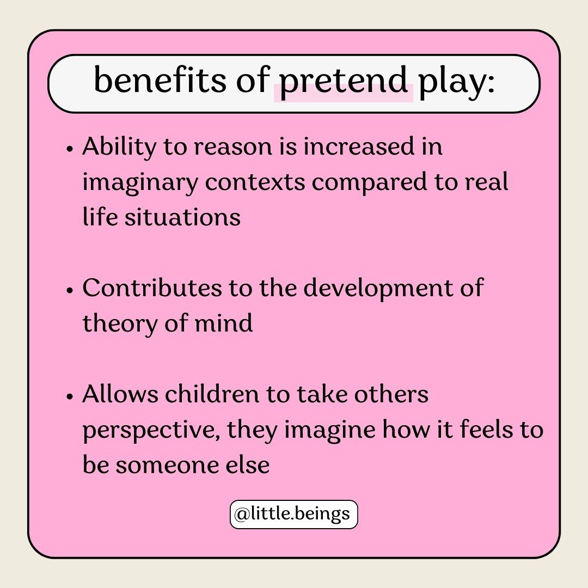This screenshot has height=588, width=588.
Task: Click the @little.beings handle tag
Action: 294,514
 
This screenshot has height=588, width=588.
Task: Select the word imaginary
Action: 139,183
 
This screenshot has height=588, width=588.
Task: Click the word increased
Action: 352,148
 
